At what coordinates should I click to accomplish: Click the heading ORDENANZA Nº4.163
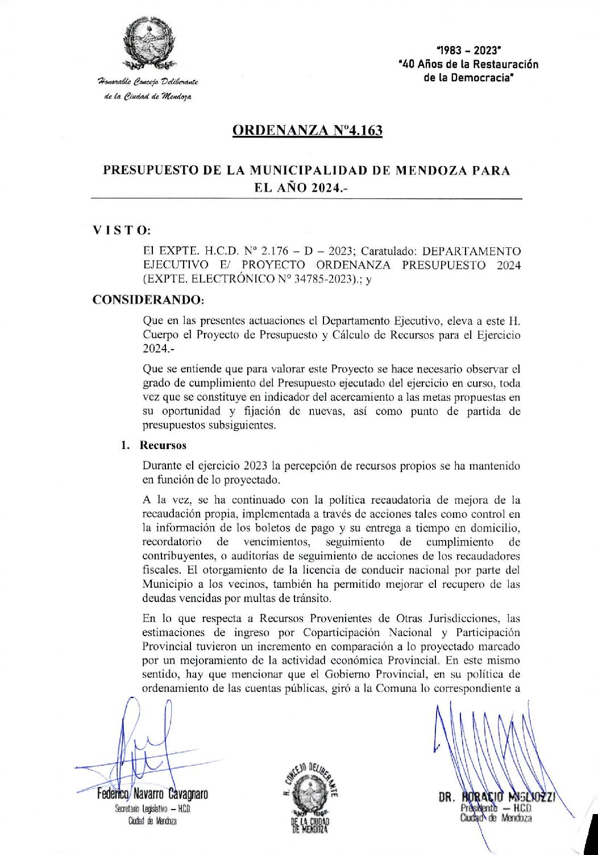pos(307,130)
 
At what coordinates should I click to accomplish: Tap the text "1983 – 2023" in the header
pos(468,51)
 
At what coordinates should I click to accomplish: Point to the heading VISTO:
pos(122,230)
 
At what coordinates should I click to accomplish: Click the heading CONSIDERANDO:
pos(148,300)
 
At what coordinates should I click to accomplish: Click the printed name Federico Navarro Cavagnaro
pos(152,794)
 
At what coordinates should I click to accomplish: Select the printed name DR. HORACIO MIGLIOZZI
pos(496,797)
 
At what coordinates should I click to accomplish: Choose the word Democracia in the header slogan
pos(483,78)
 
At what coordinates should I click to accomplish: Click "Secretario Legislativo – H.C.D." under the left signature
pos(152,809)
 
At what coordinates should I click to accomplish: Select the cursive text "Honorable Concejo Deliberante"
pos(148,82)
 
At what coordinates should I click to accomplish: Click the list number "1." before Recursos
pos(126,445)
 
